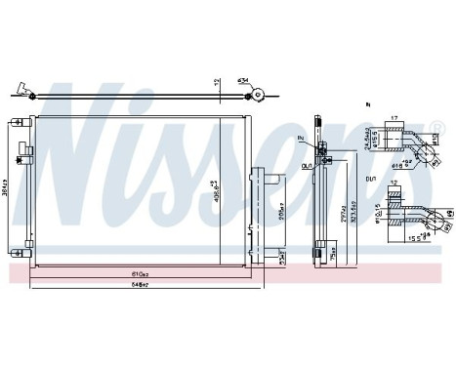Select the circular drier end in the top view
tap(260, 95)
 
